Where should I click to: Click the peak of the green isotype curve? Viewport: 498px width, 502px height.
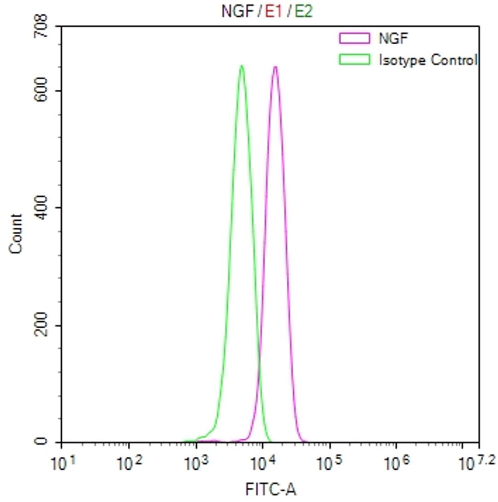[241, 66]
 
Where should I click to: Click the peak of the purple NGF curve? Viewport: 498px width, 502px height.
[275, 67]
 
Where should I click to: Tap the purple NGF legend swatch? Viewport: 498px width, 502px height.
[354, 38]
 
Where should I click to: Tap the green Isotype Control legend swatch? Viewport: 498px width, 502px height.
[354, 59]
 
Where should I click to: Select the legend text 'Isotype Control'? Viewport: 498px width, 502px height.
[427, 59]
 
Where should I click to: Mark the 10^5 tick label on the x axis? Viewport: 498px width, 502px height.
[329, 462]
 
